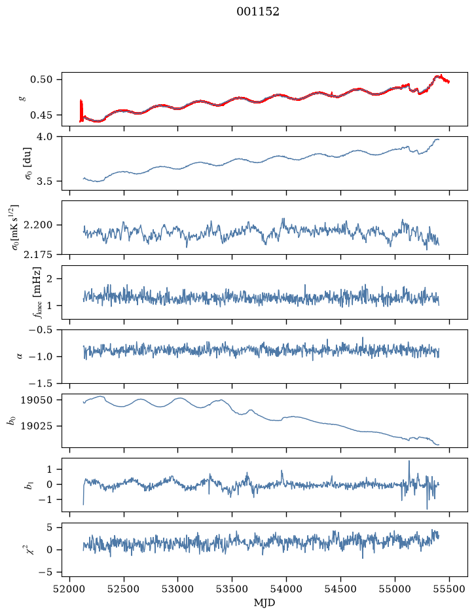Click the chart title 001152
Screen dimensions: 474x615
257,12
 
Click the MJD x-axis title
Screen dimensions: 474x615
264,603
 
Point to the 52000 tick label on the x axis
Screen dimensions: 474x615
70,589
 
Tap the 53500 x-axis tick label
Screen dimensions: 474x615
232,589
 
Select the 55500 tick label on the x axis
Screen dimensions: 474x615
449,589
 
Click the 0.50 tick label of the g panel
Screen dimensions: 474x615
41,80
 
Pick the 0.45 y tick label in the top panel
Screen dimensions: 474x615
41,115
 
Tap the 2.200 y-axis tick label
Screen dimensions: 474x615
39,225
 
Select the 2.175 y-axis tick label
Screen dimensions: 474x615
39,255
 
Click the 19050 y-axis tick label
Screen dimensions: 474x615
36,400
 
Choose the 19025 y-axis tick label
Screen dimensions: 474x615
36,426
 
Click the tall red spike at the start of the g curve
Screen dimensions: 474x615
81,111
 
